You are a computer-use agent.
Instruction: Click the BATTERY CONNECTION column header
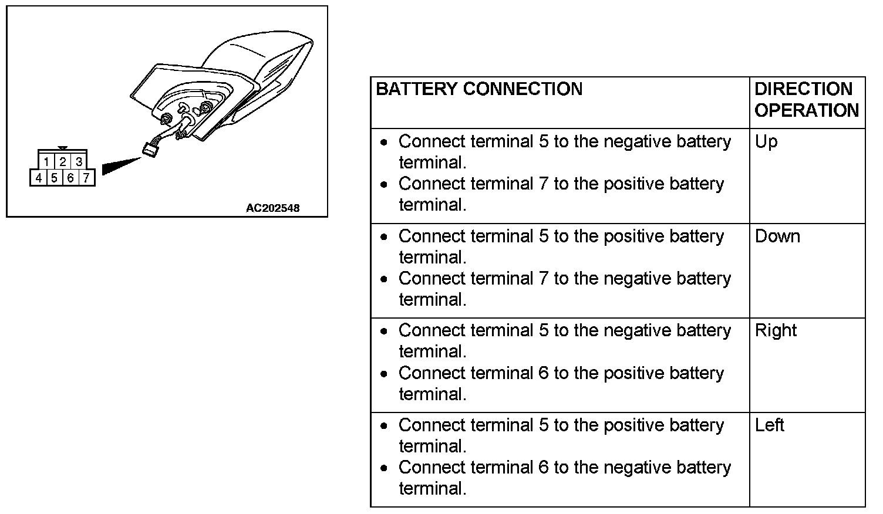[479, 89]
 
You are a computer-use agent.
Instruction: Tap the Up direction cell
[766, 142]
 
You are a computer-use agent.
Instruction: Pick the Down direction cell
[777, 236]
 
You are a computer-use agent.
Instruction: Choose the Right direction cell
[776, 330]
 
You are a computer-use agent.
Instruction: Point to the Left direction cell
[769, 425]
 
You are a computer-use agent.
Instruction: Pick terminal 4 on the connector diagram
[38, 177]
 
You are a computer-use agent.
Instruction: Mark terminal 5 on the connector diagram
[54, 177]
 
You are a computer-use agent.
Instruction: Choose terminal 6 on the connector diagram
[70, 177]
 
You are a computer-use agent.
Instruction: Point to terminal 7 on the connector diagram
[86, 177]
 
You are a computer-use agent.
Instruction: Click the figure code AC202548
[272, 208]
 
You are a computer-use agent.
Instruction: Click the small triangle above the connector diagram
[63, 149]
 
